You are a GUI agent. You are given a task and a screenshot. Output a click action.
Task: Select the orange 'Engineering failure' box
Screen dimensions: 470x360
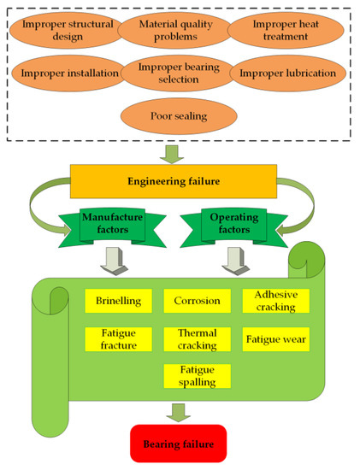174,182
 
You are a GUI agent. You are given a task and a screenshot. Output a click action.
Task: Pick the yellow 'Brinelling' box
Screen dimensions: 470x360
118,302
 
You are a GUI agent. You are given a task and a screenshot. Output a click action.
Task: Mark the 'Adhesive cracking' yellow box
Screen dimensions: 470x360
275,301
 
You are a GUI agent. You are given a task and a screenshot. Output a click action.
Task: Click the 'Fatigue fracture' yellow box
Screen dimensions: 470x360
118,339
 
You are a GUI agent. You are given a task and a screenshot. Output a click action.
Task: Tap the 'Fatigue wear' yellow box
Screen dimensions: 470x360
275,339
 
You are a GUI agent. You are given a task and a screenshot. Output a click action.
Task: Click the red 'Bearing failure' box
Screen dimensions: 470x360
178,444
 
